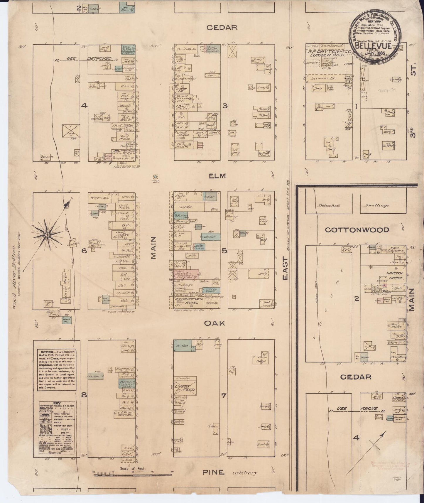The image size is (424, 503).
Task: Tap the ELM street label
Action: coord(217,176)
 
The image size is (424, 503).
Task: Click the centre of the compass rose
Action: coord(47,235)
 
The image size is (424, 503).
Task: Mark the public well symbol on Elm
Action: coord(156,177)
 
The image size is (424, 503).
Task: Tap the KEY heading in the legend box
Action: coord(57,403)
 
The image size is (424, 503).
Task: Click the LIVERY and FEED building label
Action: coord(185,388)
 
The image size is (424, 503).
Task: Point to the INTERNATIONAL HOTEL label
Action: coord(187,301)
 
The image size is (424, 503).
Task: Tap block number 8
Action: coord(84,395)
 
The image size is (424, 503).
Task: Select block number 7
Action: coord(224,396)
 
